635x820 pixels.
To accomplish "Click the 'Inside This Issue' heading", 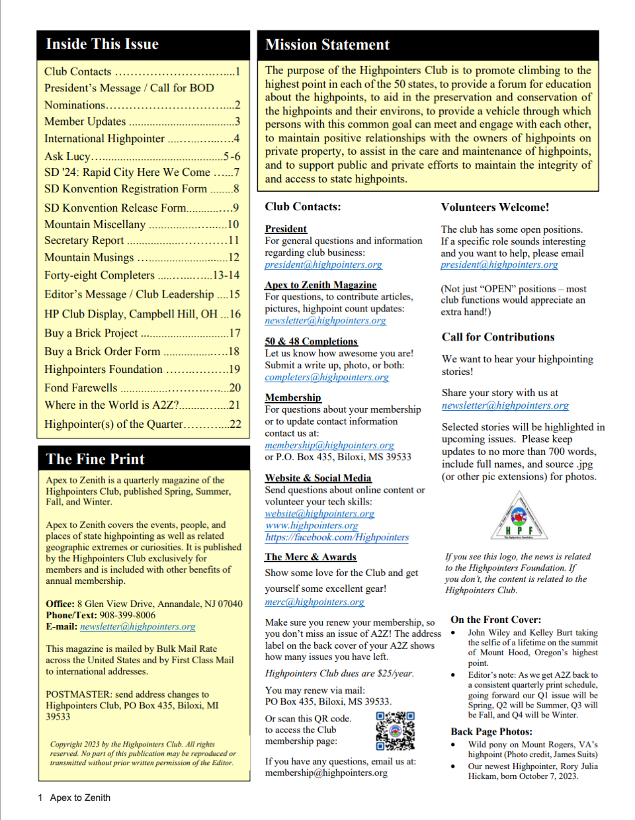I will click(x=103, y=44).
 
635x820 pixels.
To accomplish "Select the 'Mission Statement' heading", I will click(x=327, y=45).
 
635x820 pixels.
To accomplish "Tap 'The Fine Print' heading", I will click(x=95, y=459).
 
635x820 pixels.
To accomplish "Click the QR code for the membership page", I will click(x=395, y=731).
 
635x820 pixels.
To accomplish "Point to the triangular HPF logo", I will click(x=519, y=517).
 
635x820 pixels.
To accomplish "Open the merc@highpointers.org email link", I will click(x=315, y=602).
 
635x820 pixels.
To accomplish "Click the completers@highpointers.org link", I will click(x=327, y=377).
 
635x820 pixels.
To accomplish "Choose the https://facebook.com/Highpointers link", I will click(x=337, y=537).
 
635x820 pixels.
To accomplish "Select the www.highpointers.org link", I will click(x=312, y=525).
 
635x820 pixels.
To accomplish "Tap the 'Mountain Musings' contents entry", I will click(x=89, y=257).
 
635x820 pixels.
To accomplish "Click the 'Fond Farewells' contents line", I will click(x=81, y=388).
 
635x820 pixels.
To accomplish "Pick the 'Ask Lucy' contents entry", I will click(x=67, y=156).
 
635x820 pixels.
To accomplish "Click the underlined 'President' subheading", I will click(x=286, y=229).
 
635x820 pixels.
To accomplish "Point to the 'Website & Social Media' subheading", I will click(x=318, y=477).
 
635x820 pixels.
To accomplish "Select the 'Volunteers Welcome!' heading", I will click(x=495, y=207).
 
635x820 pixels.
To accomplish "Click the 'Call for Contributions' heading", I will click(x=498, y=337).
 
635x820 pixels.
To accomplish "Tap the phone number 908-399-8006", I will click(x=128, y=615).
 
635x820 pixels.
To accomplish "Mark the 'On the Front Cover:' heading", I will click(x=495, y=620).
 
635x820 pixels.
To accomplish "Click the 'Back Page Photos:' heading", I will click(x=491, y=731).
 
